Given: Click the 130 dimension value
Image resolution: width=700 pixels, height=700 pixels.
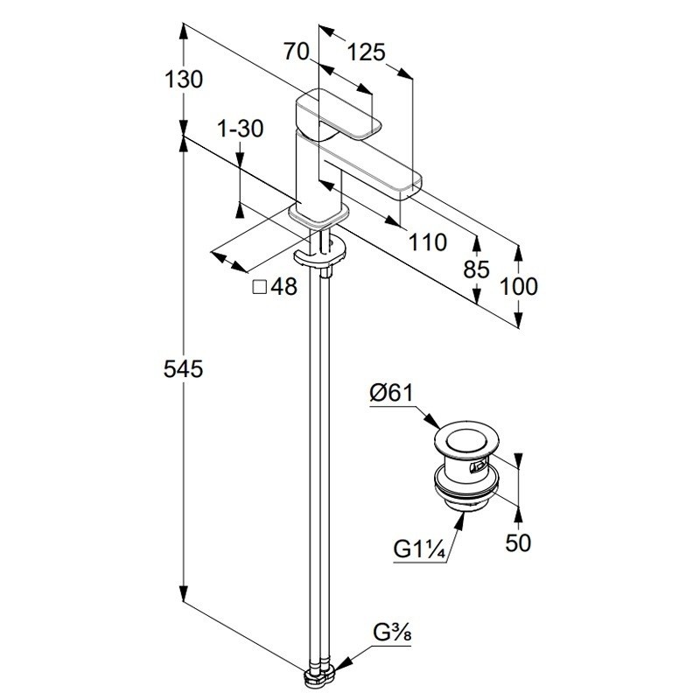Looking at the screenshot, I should (x=184, y=80).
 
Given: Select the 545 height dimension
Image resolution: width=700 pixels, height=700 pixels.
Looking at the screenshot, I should (x=184, y=370).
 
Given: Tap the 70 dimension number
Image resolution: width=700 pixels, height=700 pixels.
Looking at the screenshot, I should (x=298, y=52).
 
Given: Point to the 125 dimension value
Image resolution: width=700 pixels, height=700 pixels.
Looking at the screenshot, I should (x=367, y=52).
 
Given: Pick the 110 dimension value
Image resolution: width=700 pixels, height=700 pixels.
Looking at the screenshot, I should (x=429, y=242).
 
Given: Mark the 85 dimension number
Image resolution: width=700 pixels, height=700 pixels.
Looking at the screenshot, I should (x=477, y=269).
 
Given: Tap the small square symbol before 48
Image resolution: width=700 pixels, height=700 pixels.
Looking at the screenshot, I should (x=259, y=286).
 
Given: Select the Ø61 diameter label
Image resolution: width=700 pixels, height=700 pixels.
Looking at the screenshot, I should (x=390, y=394).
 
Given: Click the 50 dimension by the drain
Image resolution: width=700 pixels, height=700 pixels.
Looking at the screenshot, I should (x=519, y=543).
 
